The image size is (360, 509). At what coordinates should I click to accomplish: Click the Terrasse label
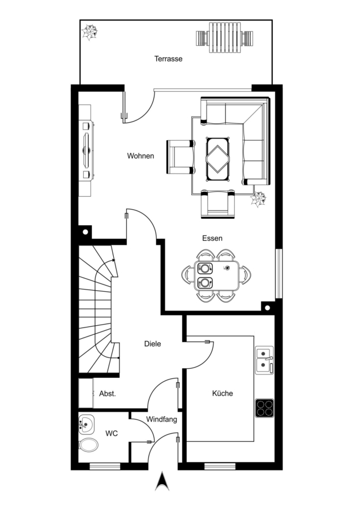[x=168, y=59]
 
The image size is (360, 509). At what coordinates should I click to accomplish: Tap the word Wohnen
[x=140, y=156]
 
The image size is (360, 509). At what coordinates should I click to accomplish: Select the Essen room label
[x=212, y=238]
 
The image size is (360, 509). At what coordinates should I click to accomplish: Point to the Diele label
[x=152, y=343]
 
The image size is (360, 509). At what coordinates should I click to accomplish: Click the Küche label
[x=222, y=394]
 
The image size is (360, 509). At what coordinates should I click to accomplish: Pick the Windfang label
[x=161, y=420]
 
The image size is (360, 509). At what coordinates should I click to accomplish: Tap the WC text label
[x=112, y=433]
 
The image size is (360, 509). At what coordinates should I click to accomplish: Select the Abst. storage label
[x=107, y=394]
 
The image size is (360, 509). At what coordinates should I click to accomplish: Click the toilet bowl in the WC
[x=88, y=445]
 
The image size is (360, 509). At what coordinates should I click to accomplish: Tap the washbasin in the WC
[x=87, y=424]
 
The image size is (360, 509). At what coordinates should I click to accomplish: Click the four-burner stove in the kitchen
[x=264, y=408]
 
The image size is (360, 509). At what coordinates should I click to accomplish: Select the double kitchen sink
[x=264, y=360]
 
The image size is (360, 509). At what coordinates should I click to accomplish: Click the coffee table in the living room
[x=218, y=159]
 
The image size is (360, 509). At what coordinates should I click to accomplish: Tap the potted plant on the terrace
[x=89, y=32]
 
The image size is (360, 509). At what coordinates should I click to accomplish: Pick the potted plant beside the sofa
[x=258, y=199]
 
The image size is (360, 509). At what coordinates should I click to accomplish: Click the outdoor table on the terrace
[x=225, y=38]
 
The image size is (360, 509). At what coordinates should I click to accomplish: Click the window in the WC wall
[x=105, y=467]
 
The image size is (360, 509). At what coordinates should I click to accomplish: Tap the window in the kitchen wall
[x=220, y=467]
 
